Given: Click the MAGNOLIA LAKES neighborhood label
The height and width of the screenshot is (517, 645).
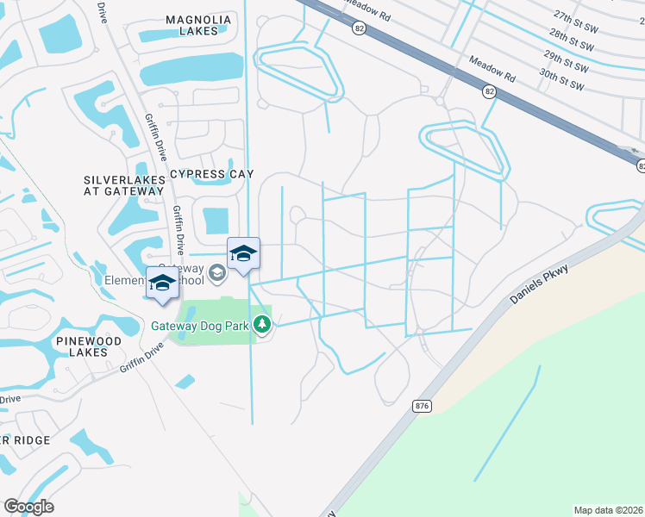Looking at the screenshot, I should tap(198, 25).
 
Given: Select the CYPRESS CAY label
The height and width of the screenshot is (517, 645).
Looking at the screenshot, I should tap(212, 174).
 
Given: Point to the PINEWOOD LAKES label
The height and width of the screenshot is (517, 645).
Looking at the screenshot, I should tap(89, 347).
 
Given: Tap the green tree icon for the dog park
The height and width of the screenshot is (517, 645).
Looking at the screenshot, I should tap(264, 325).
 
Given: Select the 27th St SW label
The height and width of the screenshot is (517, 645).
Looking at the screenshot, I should tap(575, 17).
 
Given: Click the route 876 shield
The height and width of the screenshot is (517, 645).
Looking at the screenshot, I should tap(421, 405).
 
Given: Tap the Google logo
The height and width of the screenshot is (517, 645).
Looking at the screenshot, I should tap(28, 507).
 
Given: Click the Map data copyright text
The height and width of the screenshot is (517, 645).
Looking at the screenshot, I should tap(609, 510).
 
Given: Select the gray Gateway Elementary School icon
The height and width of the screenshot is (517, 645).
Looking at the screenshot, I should tap(217, 273).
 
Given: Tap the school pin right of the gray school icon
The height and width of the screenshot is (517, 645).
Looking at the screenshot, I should tap(244, 255).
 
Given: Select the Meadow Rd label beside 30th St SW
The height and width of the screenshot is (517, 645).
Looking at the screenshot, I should tap(492, 70).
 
